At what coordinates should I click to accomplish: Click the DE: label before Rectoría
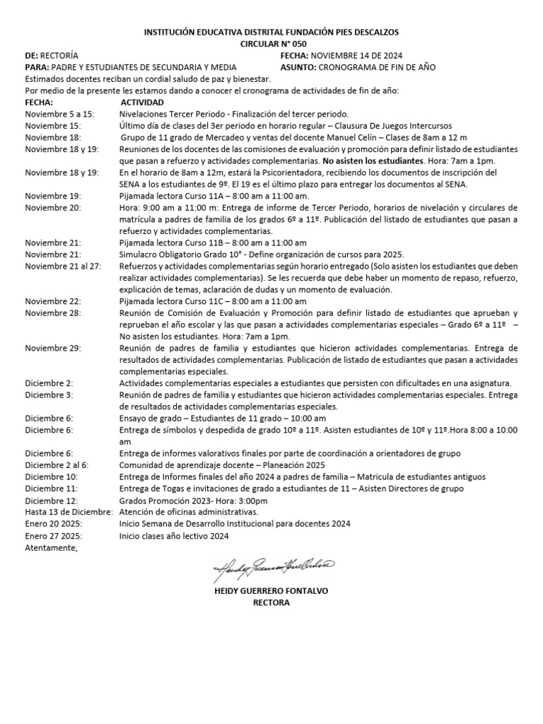click(31, 55)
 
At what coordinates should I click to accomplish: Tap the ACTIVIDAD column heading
click(143, 103)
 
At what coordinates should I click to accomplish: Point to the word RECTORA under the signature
click(271, 602)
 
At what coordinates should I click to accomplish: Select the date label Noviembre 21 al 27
click(63, 266)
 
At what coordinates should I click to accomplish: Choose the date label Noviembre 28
click(53, 313)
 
